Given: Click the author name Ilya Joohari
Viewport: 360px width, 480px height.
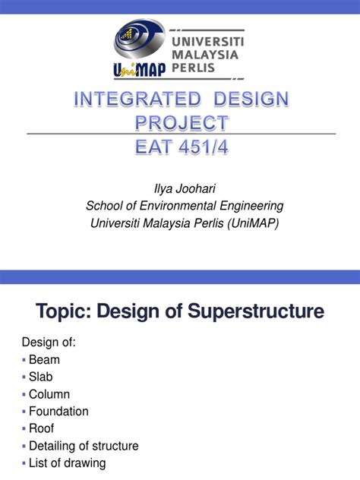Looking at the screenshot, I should click(179, 188).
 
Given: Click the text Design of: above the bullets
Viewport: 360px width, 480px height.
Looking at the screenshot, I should click(49, 342).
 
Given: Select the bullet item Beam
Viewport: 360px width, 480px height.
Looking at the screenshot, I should click(44, 360).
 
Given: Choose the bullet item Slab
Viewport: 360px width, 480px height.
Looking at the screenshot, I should click(41, 377).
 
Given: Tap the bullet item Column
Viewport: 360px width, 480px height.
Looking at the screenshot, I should click(49, 394).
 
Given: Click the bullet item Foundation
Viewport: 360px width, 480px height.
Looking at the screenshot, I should click(58, 411).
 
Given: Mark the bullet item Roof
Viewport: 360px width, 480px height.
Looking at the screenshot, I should click(41, 428).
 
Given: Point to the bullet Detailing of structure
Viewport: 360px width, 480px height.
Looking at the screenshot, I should click(84, 446).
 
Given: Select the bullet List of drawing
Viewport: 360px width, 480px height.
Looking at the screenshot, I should click(67, 463).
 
